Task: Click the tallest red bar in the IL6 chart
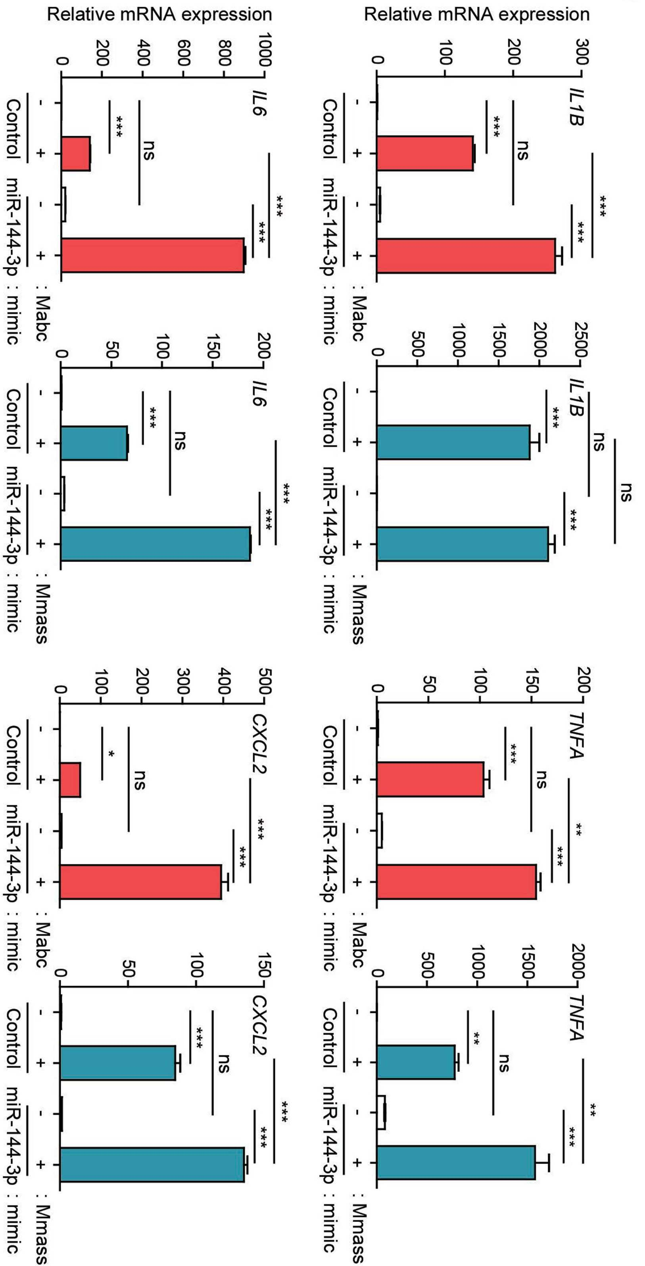pyautogui.click(x=153, y=255)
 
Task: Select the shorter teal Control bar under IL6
pyautogui.click(x=94, y=443)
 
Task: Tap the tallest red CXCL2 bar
pyautogui.click(x=140, y=882)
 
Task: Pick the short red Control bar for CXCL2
pyautogui.click(x=70, y=780)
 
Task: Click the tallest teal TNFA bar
pyautogui.click(x=456, y=1162)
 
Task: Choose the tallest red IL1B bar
pyautogui.click(x=466, y=255)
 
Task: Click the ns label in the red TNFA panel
pyautogui.click(x=540, y=780)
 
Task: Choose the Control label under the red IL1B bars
pyautogui.click(x=330, y=129)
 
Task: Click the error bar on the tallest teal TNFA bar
pyautogui.click(x=542, y=1162)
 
